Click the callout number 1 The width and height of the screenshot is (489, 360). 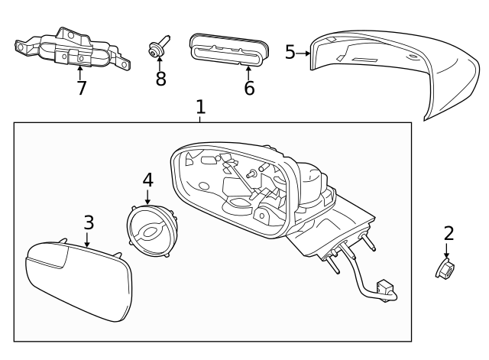[x=200, y=106]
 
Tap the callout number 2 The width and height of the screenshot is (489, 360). [x=449, y=232]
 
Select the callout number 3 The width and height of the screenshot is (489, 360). [x=89, y=222]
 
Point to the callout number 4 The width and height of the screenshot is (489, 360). [x=147, y=180]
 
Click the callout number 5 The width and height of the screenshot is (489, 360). [x=290, y=52]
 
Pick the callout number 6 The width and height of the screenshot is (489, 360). [x=249, y=88]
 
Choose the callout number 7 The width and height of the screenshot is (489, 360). [x=81, y=88]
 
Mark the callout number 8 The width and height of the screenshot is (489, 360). [x=160, y=79]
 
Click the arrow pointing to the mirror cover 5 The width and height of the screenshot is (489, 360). [x=304, y=53]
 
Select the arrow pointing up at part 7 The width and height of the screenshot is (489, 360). [x=80, y=71]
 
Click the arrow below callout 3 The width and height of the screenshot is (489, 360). [x=88, y=239]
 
